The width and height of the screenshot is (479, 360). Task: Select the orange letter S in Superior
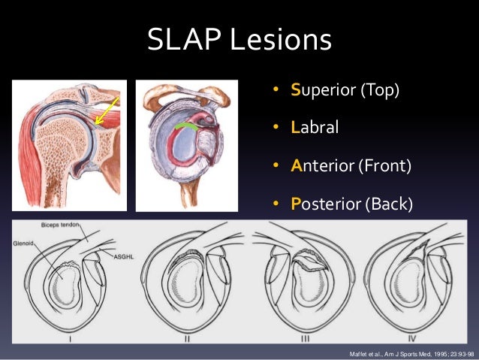tap(297, 92)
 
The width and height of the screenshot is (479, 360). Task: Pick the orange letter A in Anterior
tap(297, 165)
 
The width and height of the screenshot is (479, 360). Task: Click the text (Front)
tap(384, 165)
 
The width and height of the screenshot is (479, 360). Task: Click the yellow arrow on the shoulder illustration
tap(104, 110)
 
